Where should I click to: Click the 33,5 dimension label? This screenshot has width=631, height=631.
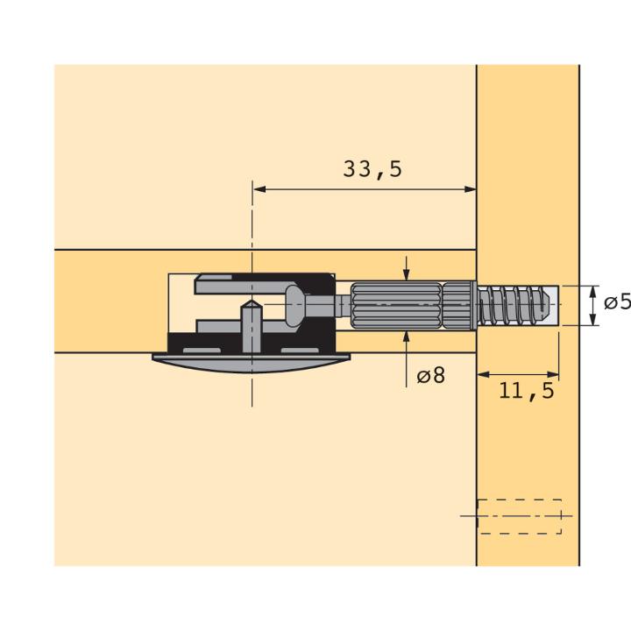click(372, 168)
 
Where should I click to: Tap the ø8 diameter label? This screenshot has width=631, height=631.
click(431, 375)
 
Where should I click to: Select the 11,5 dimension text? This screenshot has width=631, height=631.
click(527, 390)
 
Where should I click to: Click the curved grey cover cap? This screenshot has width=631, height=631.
click(252, 363)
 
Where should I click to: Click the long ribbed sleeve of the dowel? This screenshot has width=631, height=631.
click(396, 305)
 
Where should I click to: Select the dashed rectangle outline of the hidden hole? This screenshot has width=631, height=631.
click(519, 517)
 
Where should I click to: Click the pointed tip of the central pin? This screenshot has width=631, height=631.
click(252, 301)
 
